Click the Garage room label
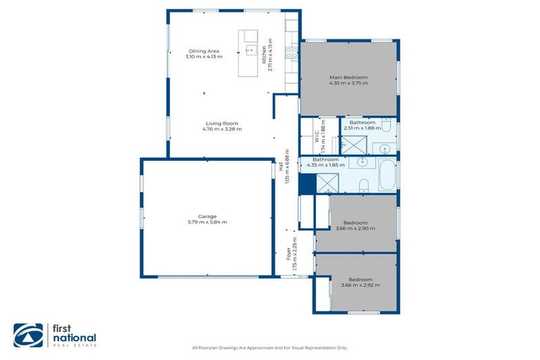[x=207, y=216]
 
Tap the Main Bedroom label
[x=348, y=77]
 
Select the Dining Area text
[x=203, y=51]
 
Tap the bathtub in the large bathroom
[x=387, y=176]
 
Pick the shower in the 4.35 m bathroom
[x=327, y=183]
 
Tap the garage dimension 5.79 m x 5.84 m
[x=207, y=221]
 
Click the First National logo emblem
[x=28, y=335]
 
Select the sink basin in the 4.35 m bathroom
[x=362, y=162]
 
